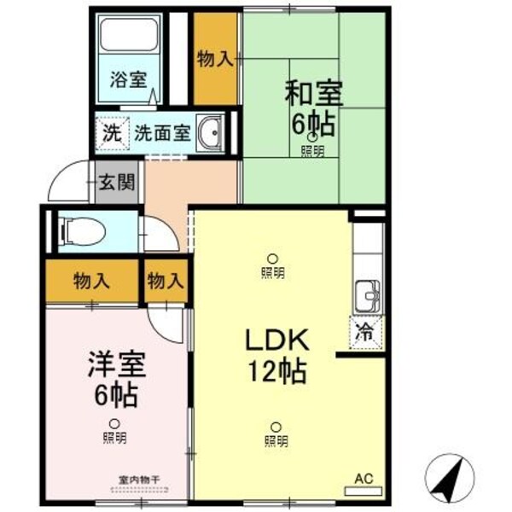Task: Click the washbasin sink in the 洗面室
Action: pyautogui.click(x=210, y=133)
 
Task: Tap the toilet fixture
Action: pyautogui.click(x=84, y=231)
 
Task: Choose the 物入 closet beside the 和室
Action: pyautogui.click(x=215, y=58)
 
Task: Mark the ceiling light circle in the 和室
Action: pyautogui.click(x=313, y=137)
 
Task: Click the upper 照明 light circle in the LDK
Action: pyautogui.click(x=272, y=259)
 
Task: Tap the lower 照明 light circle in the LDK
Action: pyautogui.click(x=276, y=427)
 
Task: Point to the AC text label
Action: pyautogui.click(x=364, y=478)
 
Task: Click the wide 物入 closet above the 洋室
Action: pyautogui.click(x=91, y=279)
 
